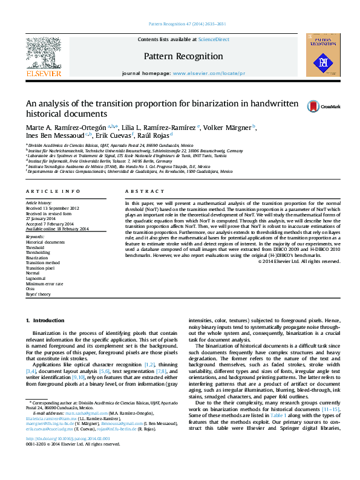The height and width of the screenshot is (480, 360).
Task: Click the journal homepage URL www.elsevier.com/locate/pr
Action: click(209, 73)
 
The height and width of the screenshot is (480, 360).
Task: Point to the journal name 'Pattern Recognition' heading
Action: click(183, 56)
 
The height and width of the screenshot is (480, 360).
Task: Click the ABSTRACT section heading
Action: click(137, 191)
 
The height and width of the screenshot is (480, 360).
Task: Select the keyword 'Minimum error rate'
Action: click(44, 284)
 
